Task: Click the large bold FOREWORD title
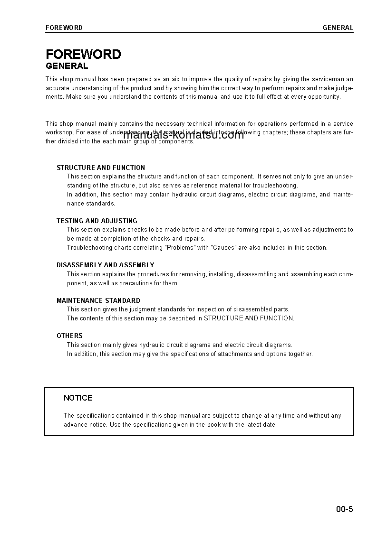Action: tap(83, 55)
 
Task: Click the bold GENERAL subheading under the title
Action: tap(67, 66)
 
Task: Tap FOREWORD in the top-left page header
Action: tap(64, 28)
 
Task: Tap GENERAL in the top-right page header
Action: tap(338, 28)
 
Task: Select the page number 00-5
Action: tap(344, 510)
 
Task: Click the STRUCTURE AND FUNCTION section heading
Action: tap(101, 168)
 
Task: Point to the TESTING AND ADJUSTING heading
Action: tap(97, 221)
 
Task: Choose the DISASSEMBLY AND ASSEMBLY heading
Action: tap(106, 265)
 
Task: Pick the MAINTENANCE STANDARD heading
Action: tap(98, 300)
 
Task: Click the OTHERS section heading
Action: tap(69, 336)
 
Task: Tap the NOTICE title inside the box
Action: tap(78, 398)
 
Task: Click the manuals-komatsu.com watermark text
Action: tap(184, 135)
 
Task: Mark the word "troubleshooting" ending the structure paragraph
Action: tap(275, 186)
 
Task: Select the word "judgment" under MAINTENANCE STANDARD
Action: tap(132, 309)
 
